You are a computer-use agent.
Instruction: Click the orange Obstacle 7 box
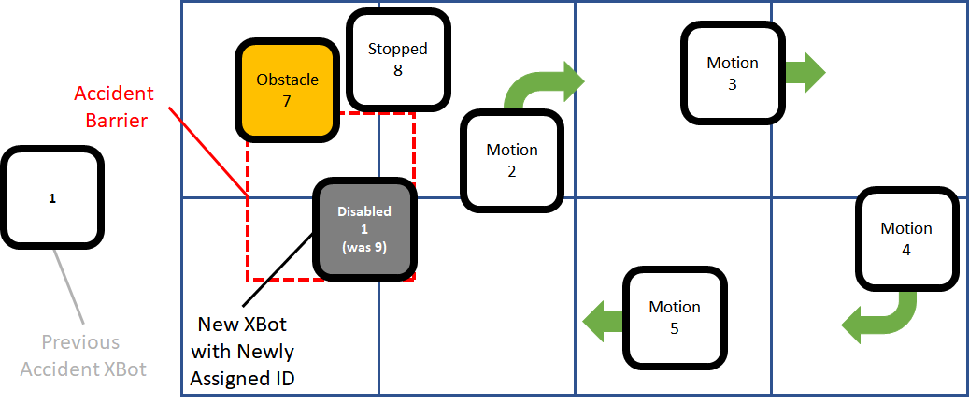pos(287,90)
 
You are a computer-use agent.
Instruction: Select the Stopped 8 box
pos(397,59)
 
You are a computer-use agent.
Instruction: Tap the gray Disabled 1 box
pos(364,229)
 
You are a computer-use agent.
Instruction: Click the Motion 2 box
pos(512,160)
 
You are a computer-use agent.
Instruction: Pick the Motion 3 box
pos(732,73)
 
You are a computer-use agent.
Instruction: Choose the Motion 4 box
pos(905,239)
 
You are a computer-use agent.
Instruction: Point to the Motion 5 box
pos(674,316)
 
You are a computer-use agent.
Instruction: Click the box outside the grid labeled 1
pos(52,198)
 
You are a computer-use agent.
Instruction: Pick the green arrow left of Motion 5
pos(603,320)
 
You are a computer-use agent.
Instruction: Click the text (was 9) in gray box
pos(364,247)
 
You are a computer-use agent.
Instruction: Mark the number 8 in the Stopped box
pos(397,69)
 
